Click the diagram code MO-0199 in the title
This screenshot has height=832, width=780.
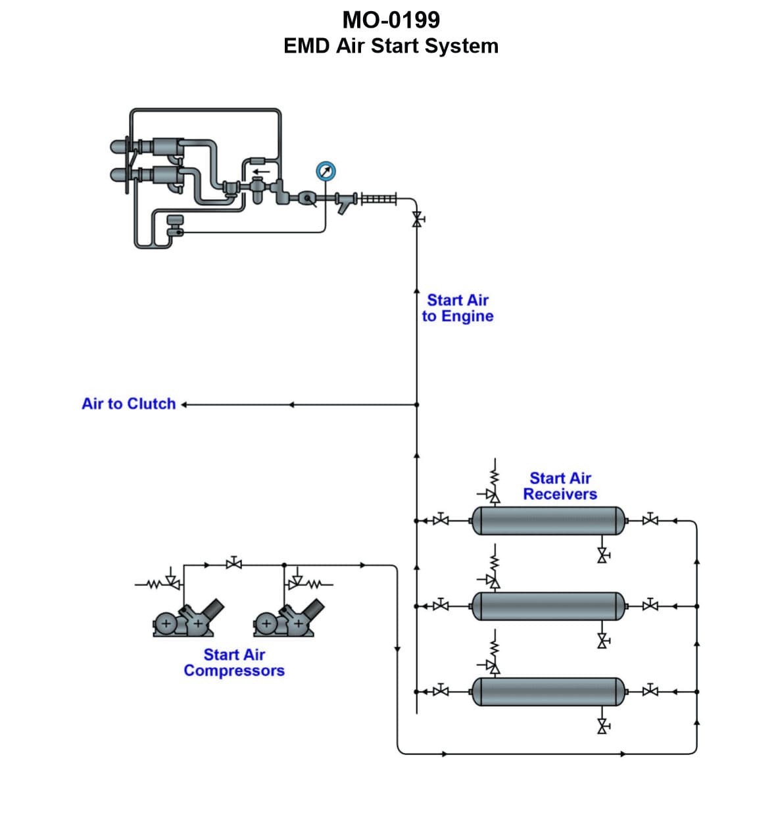point(391,20)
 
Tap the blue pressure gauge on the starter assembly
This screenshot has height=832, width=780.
point(326,172)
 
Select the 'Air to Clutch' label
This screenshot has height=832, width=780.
point(129,404)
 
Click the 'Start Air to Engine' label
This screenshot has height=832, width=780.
point(458,308)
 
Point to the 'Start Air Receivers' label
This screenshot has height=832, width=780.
point(560,486)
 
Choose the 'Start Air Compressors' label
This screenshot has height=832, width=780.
point(234,662)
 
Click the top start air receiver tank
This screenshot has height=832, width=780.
point(548,521)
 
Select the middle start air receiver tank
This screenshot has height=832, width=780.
point(548,606)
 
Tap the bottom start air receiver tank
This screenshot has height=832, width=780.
point(548,691)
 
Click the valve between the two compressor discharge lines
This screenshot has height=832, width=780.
point(233,564)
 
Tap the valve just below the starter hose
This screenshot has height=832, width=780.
point(416,219)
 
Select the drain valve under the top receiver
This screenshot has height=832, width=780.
point(602,556)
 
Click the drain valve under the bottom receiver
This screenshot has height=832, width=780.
point(602,726)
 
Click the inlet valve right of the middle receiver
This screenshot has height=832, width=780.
point(650,605)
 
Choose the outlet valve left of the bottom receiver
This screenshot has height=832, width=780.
point(441,691)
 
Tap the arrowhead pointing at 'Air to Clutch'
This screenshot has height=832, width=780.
point(184,404)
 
